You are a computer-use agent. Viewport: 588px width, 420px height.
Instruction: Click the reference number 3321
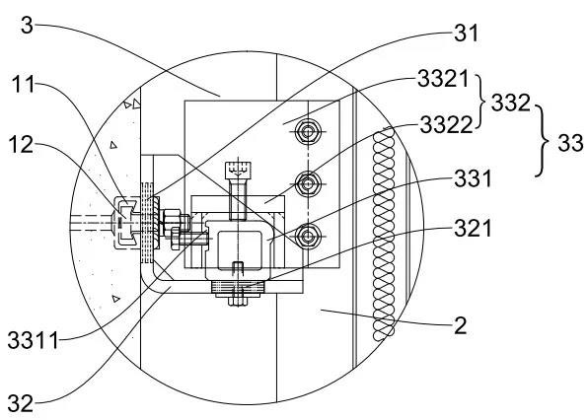click(443, 79)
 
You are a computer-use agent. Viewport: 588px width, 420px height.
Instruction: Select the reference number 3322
click(446, 125)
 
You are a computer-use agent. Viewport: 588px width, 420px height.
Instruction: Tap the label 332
click(511, 103)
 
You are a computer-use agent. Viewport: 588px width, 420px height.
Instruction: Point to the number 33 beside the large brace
click(570, 143)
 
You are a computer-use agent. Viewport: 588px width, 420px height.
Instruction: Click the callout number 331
click(473, 178)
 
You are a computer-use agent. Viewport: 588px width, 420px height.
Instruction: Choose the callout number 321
click(473, 228)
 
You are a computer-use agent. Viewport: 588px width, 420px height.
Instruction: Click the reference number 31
click(467, 33)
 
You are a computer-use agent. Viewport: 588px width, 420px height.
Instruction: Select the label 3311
click(34, 341)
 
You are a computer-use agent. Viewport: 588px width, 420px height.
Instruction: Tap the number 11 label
click(24, 85)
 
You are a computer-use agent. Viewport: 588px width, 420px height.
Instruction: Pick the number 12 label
click(21, 145)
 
